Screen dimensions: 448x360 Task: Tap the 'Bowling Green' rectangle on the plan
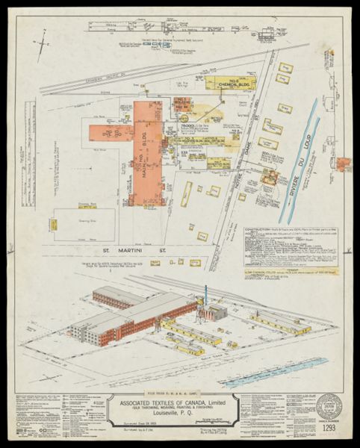pyautogui.click(x=84, y=225)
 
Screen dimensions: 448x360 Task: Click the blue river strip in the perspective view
pyautogui.click(x=276, y=371)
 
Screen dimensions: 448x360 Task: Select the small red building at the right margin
pyautogui.click(x=343, y=164)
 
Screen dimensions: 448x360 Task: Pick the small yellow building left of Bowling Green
pyautogui.click(x=54, y=224)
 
